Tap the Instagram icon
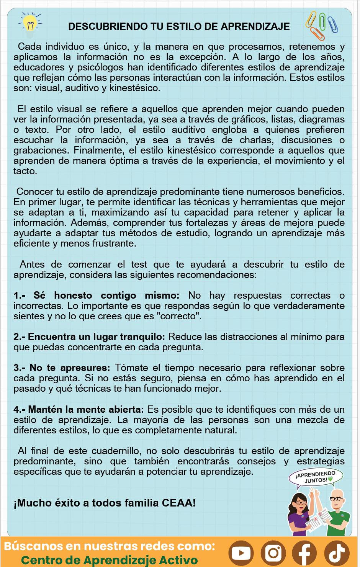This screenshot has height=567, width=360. coord(273,553)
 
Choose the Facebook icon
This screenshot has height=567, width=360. coord(304,553)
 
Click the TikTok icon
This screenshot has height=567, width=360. coord(337,553)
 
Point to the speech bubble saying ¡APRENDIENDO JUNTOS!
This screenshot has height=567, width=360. coord(316,477)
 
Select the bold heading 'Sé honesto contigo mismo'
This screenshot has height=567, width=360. coord(106,296)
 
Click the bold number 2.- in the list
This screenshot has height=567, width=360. coord(19,337)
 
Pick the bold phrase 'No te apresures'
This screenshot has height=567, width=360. coord(70,368)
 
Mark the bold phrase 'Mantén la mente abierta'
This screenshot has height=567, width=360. coord(86,410)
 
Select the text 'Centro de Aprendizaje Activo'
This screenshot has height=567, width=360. coord(109,560)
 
